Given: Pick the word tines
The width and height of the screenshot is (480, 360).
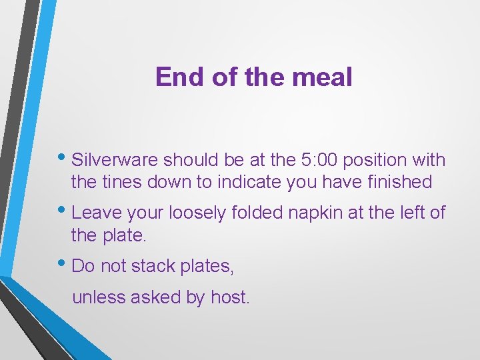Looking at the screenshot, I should pos(119,181).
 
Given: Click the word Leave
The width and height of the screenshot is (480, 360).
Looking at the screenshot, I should pos(93,213).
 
